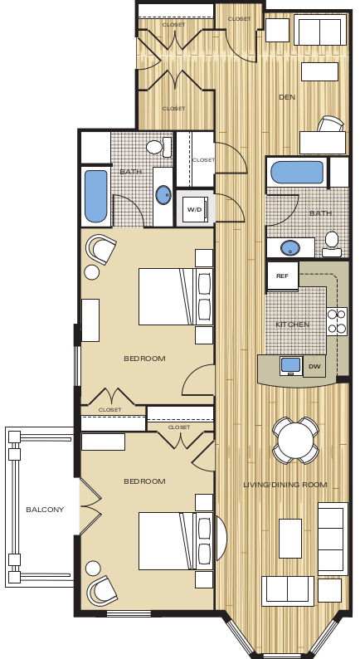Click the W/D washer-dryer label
(x=194, y=209)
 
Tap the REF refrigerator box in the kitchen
(x=282, y=276)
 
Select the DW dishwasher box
(x=314, y=365)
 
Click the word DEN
(x=287, y=97)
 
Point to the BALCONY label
(x=45, y=510)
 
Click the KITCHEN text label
(x=293, y=324)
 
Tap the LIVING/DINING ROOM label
(x=285, y=484)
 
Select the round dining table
(x=295, y=440)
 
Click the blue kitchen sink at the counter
(x=290, y=365)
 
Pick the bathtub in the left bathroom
(x=95, y=197)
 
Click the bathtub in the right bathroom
(x=297, y=173)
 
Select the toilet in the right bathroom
(x=332, y=242)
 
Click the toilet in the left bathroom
(x=156, y=148)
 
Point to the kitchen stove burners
(x=337, y=321)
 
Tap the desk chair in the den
(x=330, y=124)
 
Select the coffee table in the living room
(x=290, y=538)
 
